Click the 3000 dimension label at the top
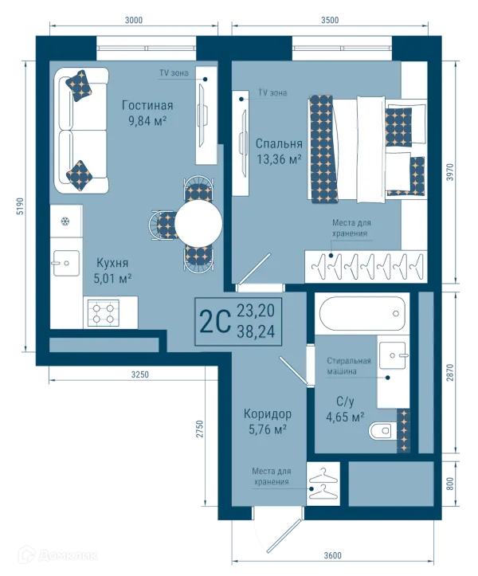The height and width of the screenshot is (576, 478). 134,20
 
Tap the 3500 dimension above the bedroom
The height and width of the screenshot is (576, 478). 330,20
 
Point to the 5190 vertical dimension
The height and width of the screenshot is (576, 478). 20,206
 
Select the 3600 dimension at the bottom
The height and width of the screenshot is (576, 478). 332,555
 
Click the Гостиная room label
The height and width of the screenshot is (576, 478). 147,106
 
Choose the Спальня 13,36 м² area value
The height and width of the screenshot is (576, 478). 279,159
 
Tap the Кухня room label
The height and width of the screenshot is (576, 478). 112,263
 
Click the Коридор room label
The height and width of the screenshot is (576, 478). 268,414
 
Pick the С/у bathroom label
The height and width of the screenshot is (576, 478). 345,402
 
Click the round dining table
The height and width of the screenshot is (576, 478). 198,222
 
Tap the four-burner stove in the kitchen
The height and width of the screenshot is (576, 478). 104,312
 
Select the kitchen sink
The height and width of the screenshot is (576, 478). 65,263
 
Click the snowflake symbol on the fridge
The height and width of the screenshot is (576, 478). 65,221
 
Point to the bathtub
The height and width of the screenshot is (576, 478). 362,313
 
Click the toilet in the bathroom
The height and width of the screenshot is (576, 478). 380,430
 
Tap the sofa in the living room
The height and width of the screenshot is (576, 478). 81,131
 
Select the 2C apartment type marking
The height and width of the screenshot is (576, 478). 215,321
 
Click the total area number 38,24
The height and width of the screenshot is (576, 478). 256,331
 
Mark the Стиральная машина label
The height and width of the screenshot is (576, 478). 349,366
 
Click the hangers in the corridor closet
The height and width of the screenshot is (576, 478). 323,484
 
